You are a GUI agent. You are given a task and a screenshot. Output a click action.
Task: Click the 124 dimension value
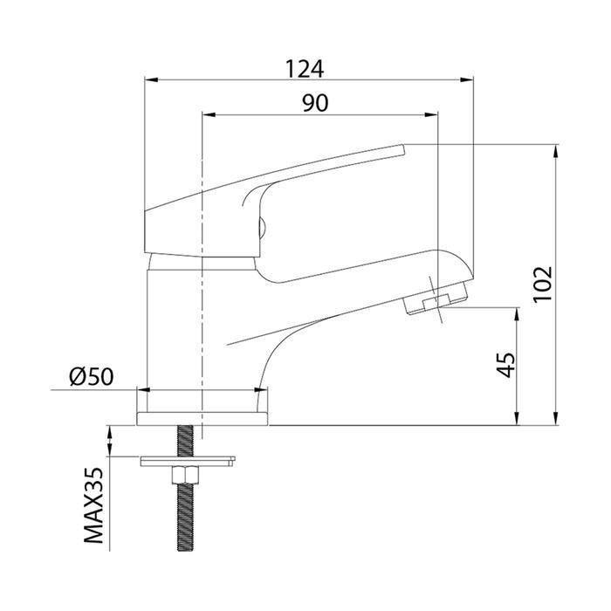coord(304,67)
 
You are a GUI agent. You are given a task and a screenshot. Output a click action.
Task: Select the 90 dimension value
coord(315,102)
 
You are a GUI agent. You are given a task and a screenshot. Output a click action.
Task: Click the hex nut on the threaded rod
coord(188,475)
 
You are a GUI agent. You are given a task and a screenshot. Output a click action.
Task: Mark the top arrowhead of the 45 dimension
coord(519,312)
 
